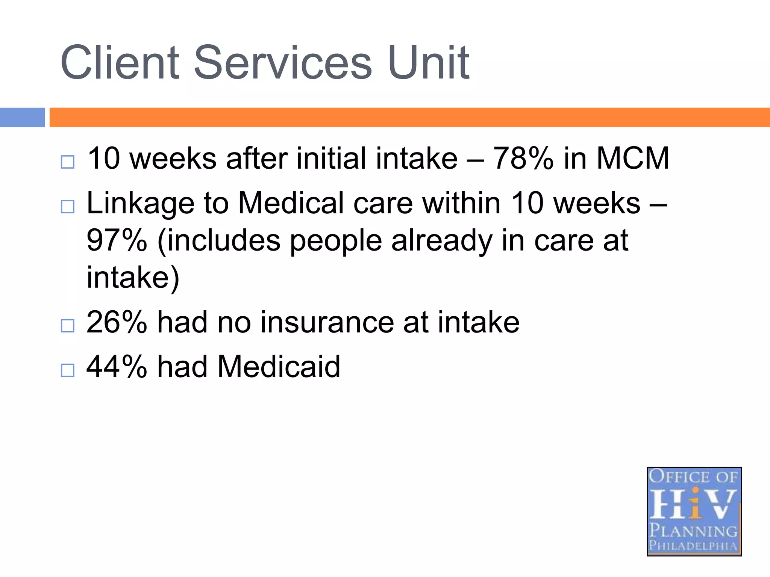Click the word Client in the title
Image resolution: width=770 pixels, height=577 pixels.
120,63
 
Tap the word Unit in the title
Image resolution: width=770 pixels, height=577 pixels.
429,63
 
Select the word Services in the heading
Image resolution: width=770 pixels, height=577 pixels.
283,63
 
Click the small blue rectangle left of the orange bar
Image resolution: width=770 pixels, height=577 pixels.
22,117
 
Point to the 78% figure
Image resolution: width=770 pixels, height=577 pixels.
523,158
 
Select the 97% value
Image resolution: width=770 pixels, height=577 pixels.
117,240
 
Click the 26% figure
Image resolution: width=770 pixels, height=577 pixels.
117,322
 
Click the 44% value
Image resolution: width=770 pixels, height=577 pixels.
117,367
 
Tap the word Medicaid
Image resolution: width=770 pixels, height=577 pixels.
279,367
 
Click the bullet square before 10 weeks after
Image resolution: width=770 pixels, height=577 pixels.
68,162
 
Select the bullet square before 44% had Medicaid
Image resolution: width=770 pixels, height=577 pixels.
68,370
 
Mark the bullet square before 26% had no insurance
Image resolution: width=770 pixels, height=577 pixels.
68,326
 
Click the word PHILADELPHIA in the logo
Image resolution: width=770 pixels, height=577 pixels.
694,545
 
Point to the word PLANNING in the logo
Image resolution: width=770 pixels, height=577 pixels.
694,531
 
